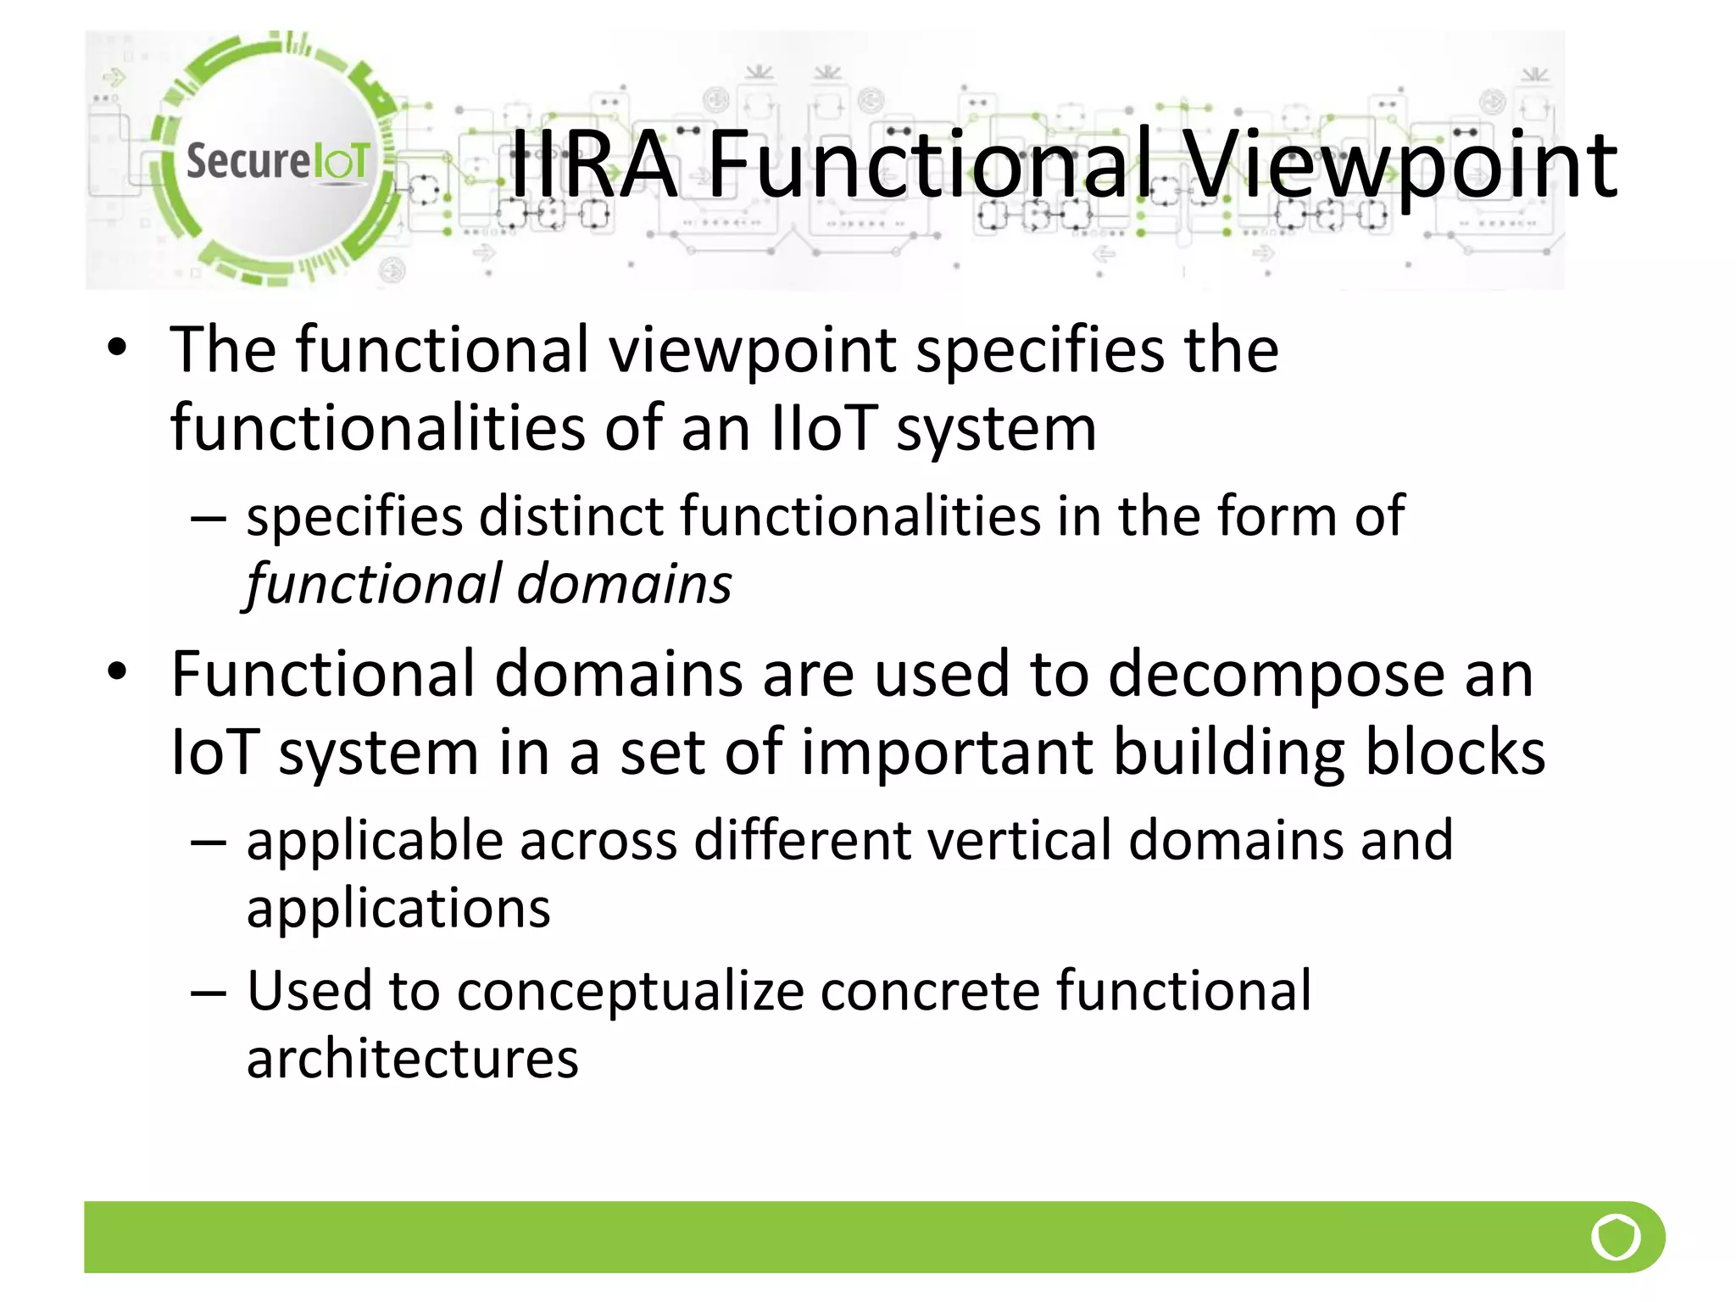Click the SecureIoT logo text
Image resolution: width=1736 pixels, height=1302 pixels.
pos(277,161)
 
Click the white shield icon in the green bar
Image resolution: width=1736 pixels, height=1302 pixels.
pos(1616,1238)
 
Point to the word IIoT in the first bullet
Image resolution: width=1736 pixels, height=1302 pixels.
pos(823,428)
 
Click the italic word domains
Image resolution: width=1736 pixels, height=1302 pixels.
pos(624,585)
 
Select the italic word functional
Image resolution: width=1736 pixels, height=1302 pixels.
pos(374,585)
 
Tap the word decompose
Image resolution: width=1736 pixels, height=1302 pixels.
pos(1276,675)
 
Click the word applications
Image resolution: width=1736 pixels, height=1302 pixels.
pos(398,909)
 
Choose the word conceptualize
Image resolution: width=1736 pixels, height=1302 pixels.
pos(630,992)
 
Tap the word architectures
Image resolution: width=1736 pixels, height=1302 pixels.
pos(412,1060)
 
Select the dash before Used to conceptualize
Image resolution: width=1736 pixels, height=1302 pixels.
pos(209,993)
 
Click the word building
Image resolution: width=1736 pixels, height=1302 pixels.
pos(1228,753)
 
